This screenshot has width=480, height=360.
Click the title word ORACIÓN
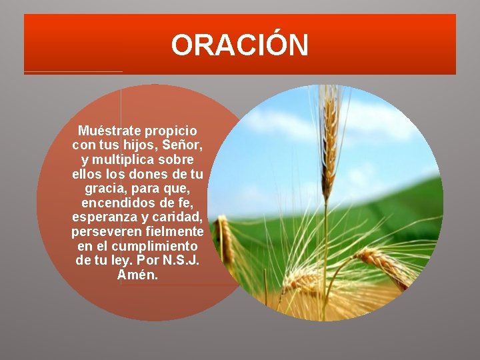(240, 45)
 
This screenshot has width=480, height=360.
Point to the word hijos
(135, 145)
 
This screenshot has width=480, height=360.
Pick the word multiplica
(124, 160)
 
